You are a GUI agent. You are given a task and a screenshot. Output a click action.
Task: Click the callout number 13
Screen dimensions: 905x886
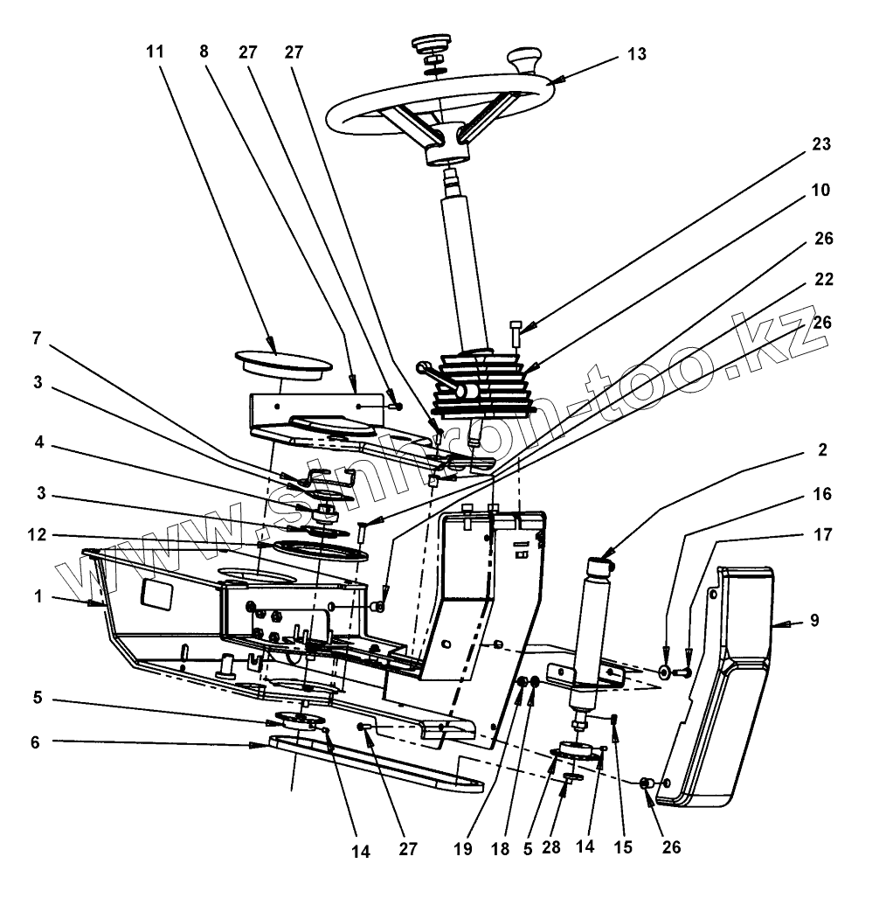(x=636, y=54)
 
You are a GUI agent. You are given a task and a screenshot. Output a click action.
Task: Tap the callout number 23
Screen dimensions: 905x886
(x=820, y=144)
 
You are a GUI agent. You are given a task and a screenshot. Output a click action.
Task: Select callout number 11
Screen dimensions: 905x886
(x=155, y=51)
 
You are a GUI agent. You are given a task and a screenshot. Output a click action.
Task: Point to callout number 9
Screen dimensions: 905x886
(x=814, y=622)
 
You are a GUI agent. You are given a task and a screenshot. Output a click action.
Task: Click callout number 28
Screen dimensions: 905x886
(x=551, y=847)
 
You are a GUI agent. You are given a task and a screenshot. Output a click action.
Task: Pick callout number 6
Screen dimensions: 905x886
(x=35, y=742)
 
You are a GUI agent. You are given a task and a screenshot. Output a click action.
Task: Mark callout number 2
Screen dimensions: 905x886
(x=820, y=450)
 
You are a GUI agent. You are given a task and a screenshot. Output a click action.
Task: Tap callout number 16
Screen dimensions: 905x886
(x=820, y=494)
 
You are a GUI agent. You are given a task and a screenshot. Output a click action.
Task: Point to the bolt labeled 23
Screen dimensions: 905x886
(x=516, y=336)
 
